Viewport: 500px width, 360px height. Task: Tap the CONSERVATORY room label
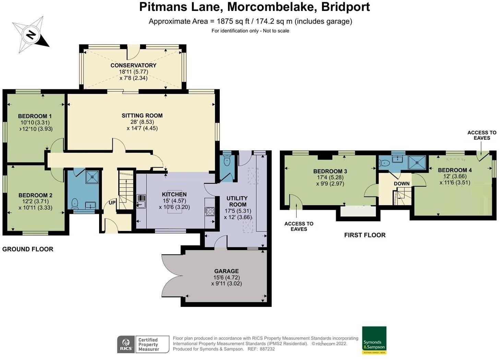tap(133, 66)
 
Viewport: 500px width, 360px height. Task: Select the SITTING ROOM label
tap(142, 115)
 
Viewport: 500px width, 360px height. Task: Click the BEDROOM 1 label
tap(35, 116)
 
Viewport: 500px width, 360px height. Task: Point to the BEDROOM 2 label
tap(35, 195)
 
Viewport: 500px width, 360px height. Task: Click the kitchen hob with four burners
tap(210, 211)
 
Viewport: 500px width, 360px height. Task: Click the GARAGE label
tap(226, 271)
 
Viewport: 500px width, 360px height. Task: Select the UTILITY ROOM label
tap(237, 201)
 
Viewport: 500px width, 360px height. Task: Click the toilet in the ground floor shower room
tap(75, 204)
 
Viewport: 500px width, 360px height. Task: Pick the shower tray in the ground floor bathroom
tap(92, 177)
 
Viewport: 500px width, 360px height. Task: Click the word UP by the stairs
tap(112, 202)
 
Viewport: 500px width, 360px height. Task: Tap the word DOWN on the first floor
tap(402, 184)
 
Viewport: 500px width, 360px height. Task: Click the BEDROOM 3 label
tap(330, 171)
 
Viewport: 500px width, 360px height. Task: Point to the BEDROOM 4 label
tap(455, 170)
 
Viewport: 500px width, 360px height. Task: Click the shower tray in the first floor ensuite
tap(417, 162)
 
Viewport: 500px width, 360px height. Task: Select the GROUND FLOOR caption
tap(28, 249)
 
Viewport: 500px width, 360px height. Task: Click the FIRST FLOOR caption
tap(365, 235)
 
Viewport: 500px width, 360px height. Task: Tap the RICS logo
tap(126, 344)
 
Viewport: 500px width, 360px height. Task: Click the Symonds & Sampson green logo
tap(374, 340)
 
